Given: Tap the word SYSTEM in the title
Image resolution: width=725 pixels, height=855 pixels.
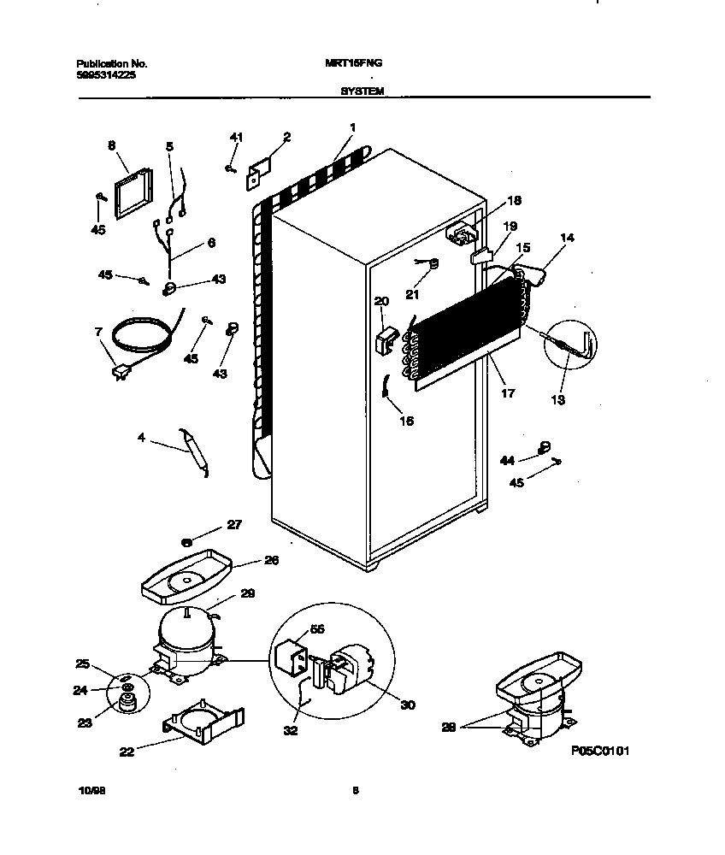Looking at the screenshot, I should (362, 88).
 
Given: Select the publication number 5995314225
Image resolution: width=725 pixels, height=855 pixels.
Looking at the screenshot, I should (105, 75).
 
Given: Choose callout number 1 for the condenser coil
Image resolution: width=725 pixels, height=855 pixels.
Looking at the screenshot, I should (351, 128).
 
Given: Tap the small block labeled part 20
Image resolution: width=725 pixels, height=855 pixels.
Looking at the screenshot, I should (384, 340).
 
